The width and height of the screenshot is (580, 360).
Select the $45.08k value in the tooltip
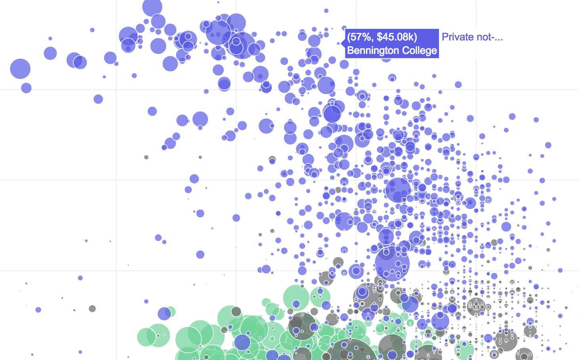pyautogui.click(x=397, y=37)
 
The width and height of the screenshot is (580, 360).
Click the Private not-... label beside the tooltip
pyautogui.click(x=472, y=37)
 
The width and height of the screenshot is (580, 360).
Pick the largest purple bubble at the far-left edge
pyautogui.click(x=20, y=69)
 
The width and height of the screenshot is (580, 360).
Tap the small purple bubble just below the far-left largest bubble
pyautogui.click(x=26, y=88)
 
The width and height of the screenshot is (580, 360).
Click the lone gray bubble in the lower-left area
pyautogui.click(x=92, y=308)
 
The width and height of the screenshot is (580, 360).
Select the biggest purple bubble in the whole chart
pyautogui.click(x=392, y=264)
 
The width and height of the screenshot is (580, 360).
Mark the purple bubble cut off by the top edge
pyautogui.click(x=152, y=6)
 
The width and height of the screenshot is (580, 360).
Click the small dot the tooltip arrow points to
pyautogui.click(x=338, y=44)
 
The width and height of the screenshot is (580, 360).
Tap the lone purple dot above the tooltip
pyautogui.click(x=326, y=11)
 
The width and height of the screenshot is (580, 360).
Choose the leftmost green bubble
pyautogui.click(x=146, y=337)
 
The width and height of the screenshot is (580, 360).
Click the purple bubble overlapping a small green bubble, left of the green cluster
pyautogui.click(x=164, y=313)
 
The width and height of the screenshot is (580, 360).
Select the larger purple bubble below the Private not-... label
pyautogui.click(x=458, y=84)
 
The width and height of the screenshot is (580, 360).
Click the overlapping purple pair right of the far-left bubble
pyautogui.click(x=76, y=61)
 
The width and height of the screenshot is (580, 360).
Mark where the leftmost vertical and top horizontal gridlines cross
pyautogui.click(x=116, y=90)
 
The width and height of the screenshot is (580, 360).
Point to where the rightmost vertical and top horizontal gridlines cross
pyautogui.click(x=476, y=90)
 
